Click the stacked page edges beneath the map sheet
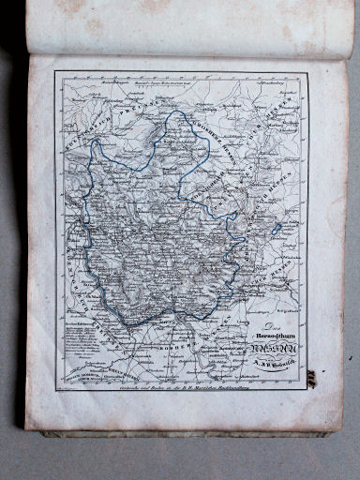coord(187,434)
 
